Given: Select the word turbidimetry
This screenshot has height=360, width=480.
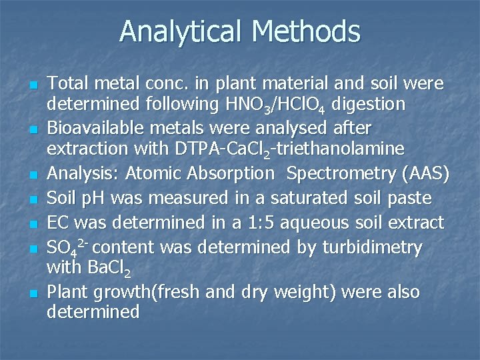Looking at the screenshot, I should click(x=372, y=247).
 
